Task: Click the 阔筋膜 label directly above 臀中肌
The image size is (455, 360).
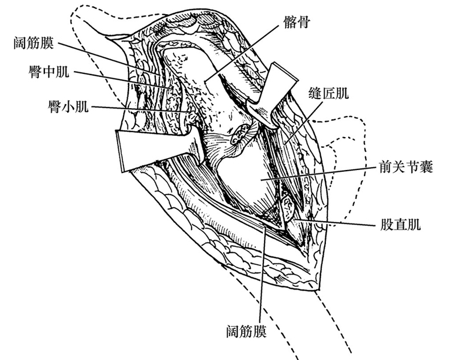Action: pos(36,43)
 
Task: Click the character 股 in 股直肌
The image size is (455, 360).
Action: pos(386,225)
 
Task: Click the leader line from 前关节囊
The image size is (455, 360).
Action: pos(318,173)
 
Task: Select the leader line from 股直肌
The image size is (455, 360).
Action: pos(336,221)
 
